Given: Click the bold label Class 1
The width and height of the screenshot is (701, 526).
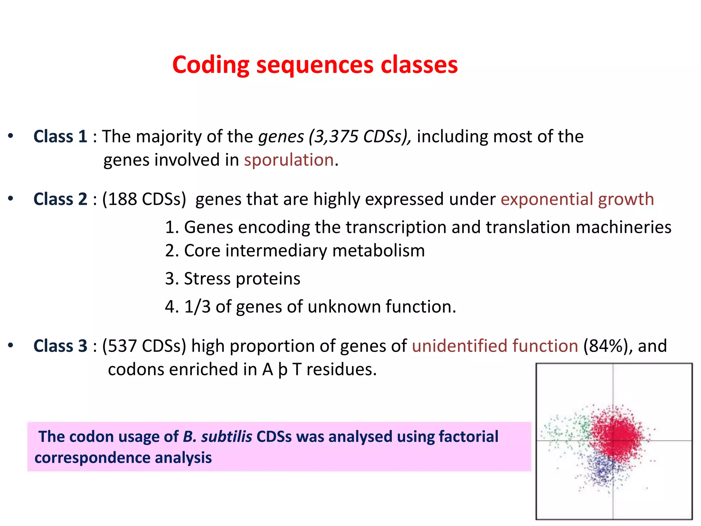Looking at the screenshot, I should click(x=60, y=137).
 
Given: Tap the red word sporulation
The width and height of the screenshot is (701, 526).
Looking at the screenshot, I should click(x=289, y=160).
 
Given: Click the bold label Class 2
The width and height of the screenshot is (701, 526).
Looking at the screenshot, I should click(x=60, y=199).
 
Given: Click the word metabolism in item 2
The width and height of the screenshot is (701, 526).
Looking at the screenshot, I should click(x=378, y=251).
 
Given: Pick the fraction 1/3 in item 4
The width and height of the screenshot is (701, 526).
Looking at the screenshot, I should click(x=197, y=306).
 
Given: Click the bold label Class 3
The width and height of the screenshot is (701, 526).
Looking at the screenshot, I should click(x=60, y=346).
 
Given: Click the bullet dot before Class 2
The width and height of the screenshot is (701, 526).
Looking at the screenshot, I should click(x=11, y=199).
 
